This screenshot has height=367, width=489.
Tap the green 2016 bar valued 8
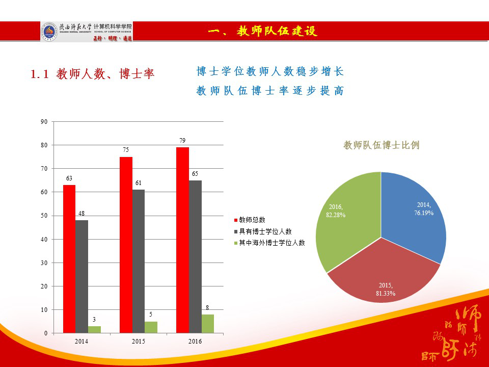(208, 324)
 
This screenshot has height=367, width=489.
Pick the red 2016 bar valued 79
(182, 240)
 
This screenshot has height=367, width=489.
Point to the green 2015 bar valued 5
(151, 327)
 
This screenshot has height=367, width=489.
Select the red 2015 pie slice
(383, 275)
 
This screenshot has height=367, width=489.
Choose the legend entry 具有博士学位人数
(262, 231)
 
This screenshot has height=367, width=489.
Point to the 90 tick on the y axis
(44, 122)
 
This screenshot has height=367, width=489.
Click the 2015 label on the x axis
(138, 341)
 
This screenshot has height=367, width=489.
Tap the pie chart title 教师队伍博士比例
(382, 145)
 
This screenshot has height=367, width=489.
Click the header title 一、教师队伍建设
(262, 32)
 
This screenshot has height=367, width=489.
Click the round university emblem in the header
(49, 32)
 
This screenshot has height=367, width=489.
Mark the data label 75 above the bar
(125, 150)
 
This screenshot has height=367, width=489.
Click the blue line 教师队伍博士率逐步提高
(270, 91)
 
